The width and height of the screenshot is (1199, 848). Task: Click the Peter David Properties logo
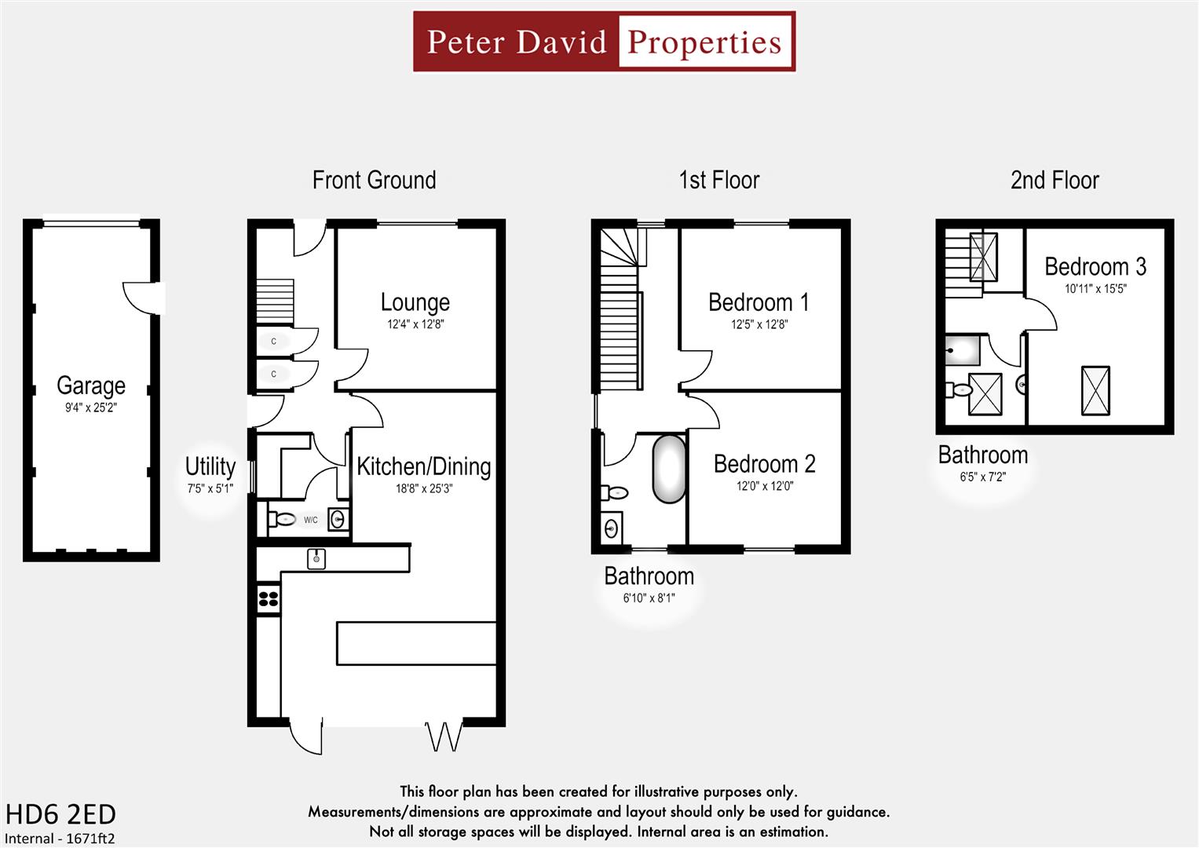pyautogui.click(x=604, y=42)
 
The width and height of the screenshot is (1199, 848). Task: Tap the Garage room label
pyautogui.click(x=91, y=386)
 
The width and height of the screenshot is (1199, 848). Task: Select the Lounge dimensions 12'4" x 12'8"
pyautogui.click(x=415, y=324)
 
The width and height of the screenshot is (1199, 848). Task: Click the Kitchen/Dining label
pyautogui.click(x=424, y=466)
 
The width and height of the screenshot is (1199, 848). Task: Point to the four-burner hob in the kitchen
pyautogui.click(x=269, y=599)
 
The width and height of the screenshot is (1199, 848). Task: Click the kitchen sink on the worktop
pyautogui.click(x=316, y=558)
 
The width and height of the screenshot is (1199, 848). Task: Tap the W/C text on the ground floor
pyautogui.click(x=311, y=520)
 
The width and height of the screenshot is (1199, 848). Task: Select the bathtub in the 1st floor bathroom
pyautogui.click(x=668, y=469)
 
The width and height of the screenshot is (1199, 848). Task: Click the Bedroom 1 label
pyautogui.click(x=759, y=302)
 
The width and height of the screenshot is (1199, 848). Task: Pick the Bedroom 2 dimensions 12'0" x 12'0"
pyautogui.click(x=765, y=486)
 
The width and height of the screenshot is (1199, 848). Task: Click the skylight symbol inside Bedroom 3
pyautogui.click(x=1095, y=390)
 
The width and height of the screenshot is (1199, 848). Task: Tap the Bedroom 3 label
pyautogui.click(x=1095, y=267)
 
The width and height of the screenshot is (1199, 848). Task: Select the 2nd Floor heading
pyautogui.click(x=1055, y=181)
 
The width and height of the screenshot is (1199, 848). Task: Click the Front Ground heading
pyautogui.click(x=374, y=181)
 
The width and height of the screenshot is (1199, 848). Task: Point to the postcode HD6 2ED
pyautogui.click(x=60, y=814)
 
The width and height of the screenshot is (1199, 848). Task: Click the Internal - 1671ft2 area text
pyautogui.click(x=60, y=839)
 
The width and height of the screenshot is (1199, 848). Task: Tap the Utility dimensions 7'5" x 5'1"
pyautogui.click(x=210, y=488)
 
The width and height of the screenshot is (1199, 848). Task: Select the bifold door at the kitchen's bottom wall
pyautogui.click(x=444, y=736)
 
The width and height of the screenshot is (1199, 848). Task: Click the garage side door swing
pyautogui.click(x=141, y=297)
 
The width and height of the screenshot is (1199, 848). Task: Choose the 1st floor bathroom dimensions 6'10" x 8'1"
pyautogui.click(x=649, y=598)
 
